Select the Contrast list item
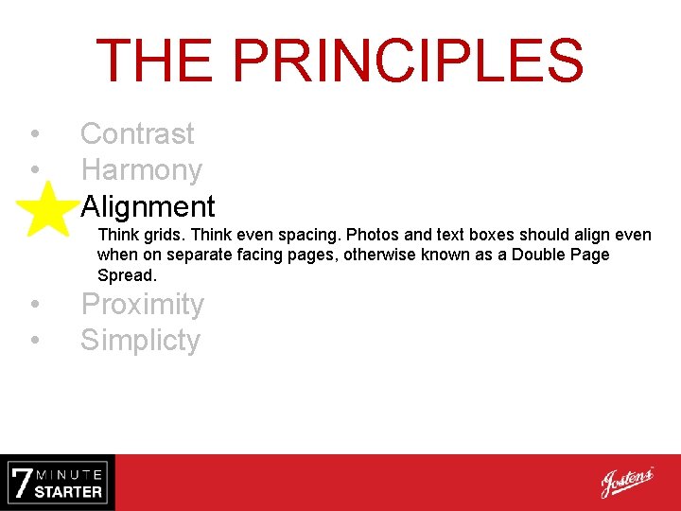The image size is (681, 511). coord(137,134)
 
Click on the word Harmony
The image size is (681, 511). coord(141,170)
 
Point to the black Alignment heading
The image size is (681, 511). coord(148,206)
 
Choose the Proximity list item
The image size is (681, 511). coord(142,305)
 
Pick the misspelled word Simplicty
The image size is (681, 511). coord(140,341)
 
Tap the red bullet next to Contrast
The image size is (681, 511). coord(33,134)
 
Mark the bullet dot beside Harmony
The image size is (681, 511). coord(33,170)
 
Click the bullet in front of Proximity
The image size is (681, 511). coord(33,305)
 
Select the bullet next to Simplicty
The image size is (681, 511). coord(33,341)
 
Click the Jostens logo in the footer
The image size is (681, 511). coord(626,483)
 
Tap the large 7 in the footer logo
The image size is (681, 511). coord(21,483)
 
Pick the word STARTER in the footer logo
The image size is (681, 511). coord(68,492)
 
